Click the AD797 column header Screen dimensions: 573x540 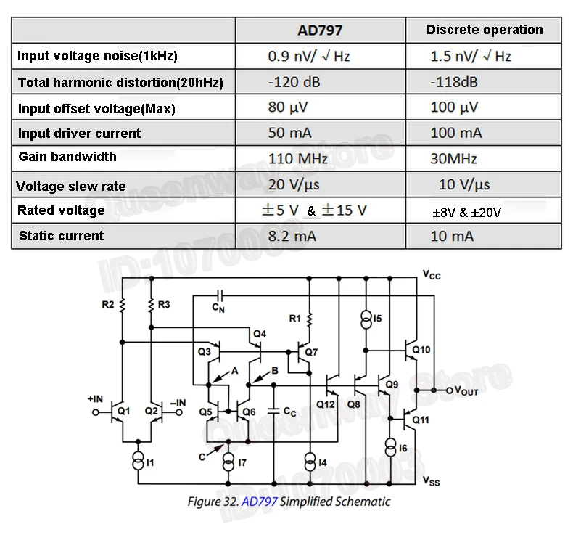[320, 30]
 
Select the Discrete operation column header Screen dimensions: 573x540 [485, 30]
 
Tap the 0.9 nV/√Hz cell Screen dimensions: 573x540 [309, 56]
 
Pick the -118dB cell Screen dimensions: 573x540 [454, 82]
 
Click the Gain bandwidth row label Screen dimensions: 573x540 [67, 157]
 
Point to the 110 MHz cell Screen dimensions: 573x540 [298, 159]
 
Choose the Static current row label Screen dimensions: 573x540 [62, 236]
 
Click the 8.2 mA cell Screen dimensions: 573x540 [292, 236]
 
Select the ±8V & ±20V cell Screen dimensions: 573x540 [466, 213]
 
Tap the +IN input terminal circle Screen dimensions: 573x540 [96, 412]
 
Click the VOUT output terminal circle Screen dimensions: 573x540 [450, 390]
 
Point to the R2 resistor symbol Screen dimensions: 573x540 [123, 305]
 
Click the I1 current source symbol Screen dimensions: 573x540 [138, 460]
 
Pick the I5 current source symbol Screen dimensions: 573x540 [366, 319]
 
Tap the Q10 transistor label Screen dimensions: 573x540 [421, 350]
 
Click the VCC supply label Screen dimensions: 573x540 [432, 274]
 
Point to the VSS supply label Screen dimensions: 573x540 [432, 480]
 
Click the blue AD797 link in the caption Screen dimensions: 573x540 [260, 502]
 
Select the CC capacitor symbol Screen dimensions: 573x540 [273, 411]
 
